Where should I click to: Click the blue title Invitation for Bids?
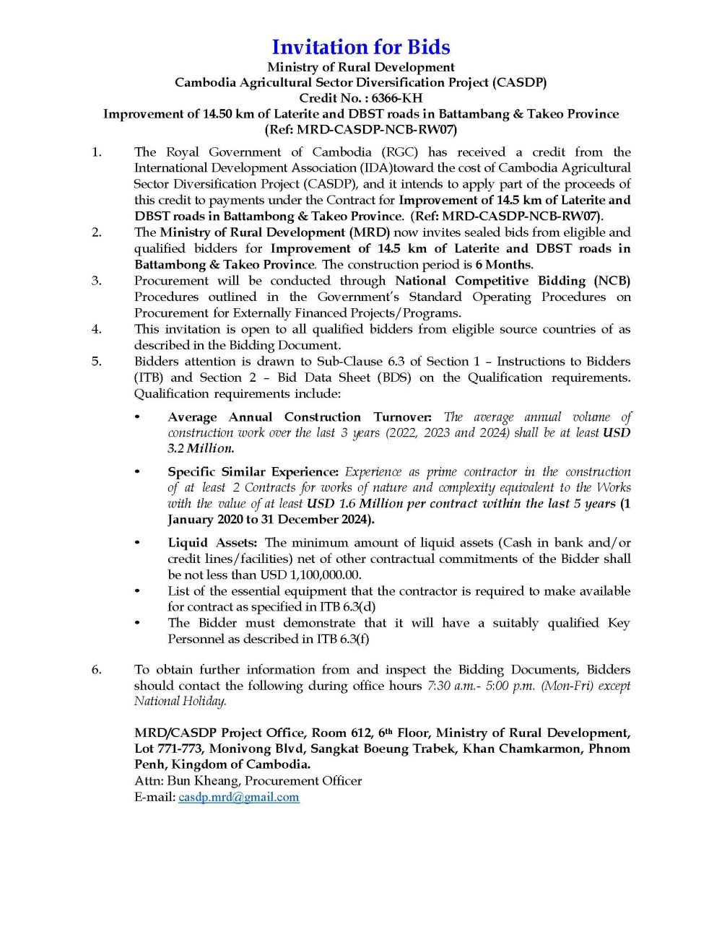360,47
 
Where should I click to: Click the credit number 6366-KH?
396,98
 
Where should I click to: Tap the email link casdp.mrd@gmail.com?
238,797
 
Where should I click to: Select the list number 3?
96,281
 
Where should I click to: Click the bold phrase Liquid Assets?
212,543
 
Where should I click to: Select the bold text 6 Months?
504,265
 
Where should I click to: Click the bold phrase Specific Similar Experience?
253,472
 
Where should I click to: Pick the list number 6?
96,670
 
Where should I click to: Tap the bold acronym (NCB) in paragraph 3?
612,281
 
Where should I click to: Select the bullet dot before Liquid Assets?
138,543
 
